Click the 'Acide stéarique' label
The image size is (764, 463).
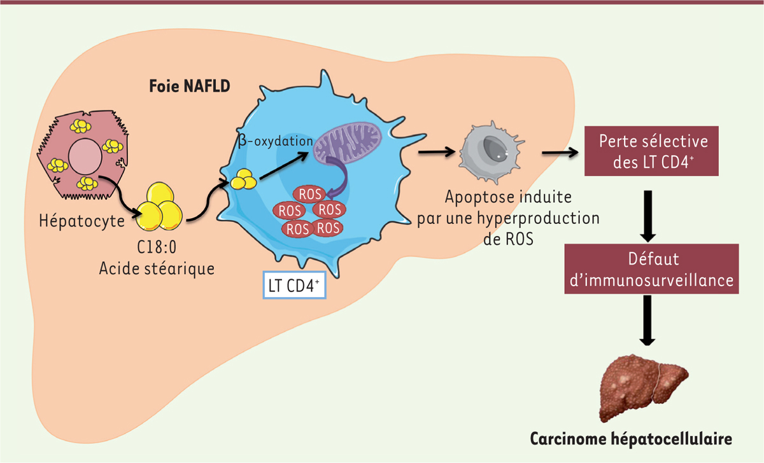pos(157,269)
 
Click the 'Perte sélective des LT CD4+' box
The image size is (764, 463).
pos(651,151)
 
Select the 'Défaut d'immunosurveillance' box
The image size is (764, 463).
pos(651,269)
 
